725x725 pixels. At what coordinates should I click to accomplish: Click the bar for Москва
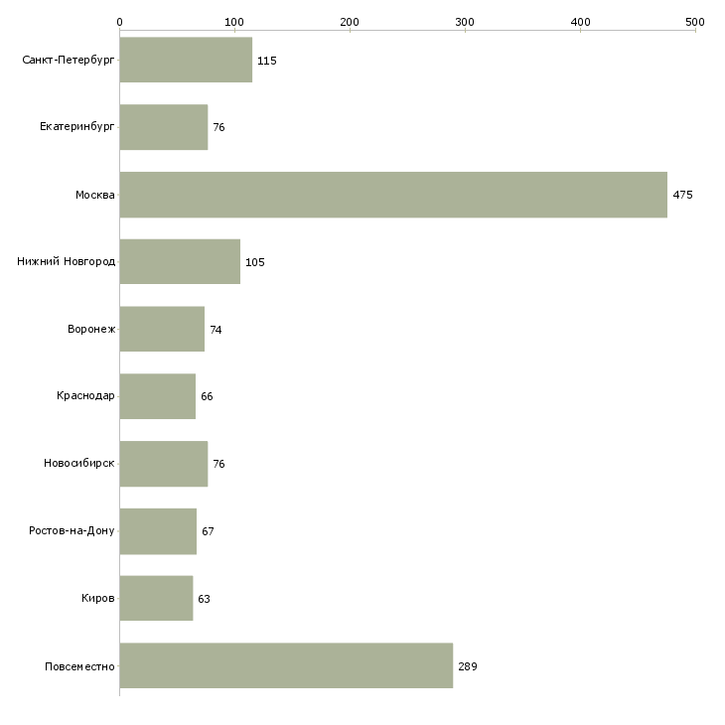(x=393, y=195)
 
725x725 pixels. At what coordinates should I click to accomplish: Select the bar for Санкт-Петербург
(x=186, y=60)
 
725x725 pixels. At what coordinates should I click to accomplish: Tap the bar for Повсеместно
(x=286, y=666)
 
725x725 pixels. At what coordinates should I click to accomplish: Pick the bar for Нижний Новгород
(x=180, y=261)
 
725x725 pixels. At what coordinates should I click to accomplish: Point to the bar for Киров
(x=156, y=599)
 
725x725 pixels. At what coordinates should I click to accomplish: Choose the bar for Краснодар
(x=157, y=396)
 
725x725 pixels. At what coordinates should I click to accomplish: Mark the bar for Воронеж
(x=162, y=329)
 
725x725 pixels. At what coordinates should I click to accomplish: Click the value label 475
(x=682, y=195)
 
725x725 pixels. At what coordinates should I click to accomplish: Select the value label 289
(x=468, y=666)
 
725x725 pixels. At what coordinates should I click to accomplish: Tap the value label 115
(x=266, y=61)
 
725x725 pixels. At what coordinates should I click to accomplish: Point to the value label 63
(x=204, y=599)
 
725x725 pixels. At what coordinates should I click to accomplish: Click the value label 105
(x=254, y=262)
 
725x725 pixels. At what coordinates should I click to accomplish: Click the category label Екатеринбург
(x=77, y=127)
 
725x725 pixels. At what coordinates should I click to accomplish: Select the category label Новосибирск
(x=79, y=464)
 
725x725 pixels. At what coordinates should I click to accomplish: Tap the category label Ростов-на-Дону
(x=72, y=531)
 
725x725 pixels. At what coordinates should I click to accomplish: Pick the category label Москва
(x=95, y=195)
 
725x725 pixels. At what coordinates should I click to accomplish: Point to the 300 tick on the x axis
(x=465, y=21)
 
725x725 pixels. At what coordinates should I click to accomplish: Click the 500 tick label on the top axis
(x=694, y=21)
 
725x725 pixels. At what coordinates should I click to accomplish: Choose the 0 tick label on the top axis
(x=119, y=21)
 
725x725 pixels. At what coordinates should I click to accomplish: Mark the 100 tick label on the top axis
(x=234, y=21)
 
